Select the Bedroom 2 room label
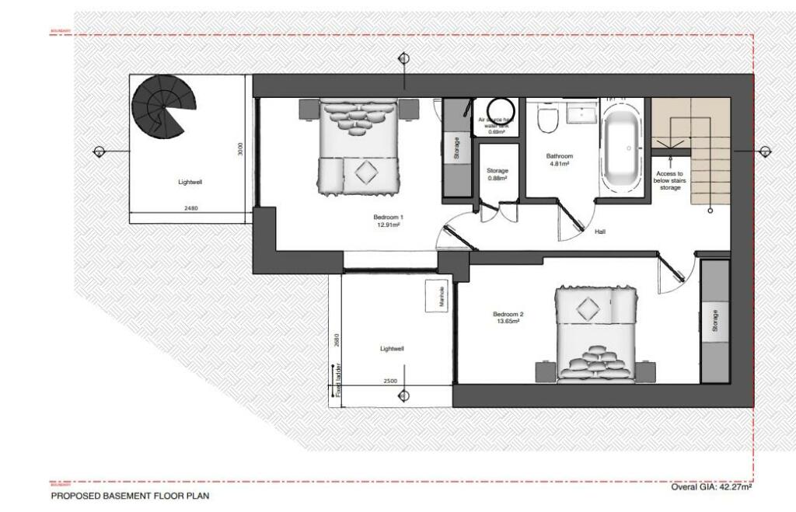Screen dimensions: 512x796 [x=508, y=315]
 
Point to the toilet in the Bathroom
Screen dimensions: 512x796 [x=548, y=120]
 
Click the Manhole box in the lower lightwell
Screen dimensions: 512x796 [x=435, y=296]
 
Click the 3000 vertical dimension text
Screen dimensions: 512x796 [x=242, y=148]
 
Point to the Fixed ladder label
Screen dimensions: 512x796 [x=339, y=381]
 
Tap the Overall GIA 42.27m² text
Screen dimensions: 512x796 [x=711, y=486]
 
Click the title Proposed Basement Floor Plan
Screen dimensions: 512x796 [x=130, y=495]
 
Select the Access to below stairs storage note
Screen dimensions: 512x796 [x=669, y=180]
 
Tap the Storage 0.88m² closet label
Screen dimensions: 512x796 [x=497, y=174]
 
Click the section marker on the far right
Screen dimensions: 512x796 [x=765, y=152]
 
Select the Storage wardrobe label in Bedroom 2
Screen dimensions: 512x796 [x=715, y=322]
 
